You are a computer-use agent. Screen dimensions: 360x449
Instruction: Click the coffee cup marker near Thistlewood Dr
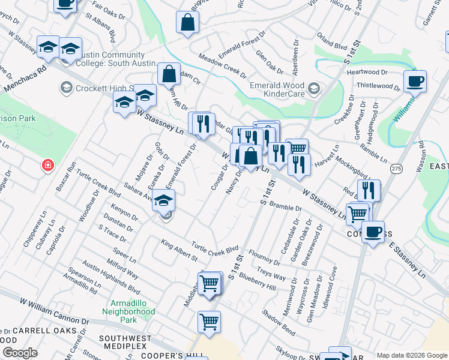coord(414,82)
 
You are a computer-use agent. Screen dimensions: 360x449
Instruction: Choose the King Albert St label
coord(179,250)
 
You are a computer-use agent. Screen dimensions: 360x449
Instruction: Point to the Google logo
coord(20,353)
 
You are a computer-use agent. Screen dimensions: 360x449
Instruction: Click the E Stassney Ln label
coord(407,259)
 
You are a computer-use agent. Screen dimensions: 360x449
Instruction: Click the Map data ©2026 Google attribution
coord(411,355)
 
